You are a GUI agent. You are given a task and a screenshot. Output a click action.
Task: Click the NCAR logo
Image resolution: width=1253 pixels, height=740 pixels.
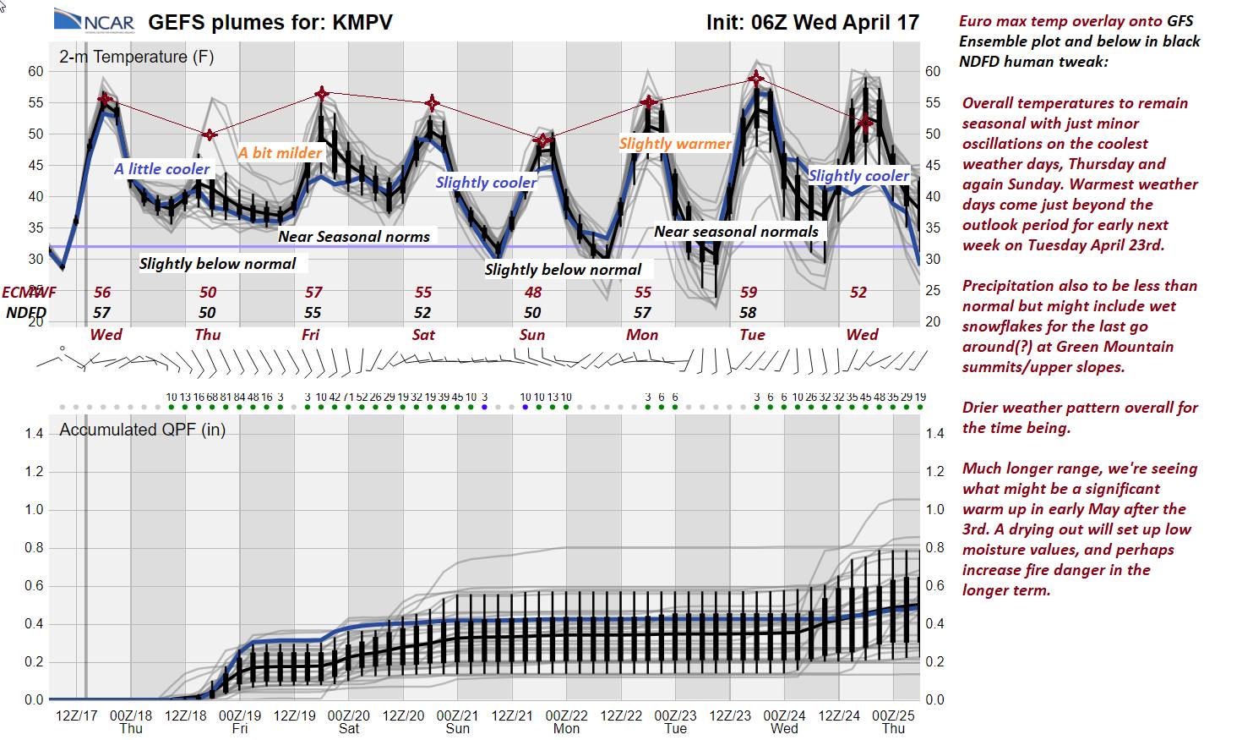pyautogui.click(x=93, y=20)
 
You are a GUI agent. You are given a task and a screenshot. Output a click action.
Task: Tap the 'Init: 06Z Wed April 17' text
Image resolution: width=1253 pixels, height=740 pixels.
pyautogui.click(x=812, y=22)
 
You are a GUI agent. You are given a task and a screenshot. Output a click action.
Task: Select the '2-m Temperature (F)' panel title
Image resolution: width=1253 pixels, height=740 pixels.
pyautogui.click(x=136, y=57)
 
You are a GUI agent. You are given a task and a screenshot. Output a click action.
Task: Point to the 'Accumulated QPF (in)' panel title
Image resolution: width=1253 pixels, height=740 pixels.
pyautogui.click(x=142, y=430)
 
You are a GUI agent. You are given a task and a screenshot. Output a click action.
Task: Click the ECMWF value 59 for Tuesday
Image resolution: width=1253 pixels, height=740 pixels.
pyautogui.click(x=749, y=293)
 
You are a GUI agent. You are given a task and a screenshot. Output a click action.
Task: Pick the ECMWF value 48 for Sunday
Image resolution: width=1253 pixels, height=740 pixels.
pyautogui.click(x=532, y=293)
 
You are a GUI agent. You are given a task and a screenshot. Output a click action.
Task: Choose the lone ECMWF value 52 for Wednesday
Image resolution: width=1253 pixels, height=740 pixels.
pyautogui.click(x=858, y=293)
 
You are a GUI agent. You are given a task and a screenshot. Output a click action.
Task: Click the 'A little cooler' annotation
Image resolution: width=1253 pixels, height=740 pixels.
pyautogui.click(x=162, y=169)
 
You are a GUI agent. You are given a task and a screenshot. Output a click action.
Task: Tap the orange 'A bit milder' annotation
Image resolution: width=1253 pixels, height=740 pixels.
pyautogui.click(x=280, y=153)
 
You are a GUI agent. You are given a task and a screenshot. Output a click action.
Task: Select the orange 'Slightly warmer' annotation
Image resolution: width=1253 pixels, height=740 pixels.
pyautogui.click(x=675, y=144)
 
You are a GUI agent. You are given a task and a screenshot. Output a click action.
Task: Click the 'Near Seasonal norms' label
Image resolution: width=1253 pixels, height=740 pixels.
pyautogui.click(x=354, y=237)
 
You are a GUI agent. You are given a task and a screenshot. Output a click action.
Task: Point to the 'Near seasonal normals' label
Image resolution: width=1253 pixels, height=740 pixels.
pyautogui.click(x=736, y=232)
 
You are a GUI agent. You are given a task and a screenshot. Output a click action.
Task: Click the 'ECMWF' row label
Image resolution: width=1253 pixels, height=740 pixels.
pyautogui.click(x=29, y=293)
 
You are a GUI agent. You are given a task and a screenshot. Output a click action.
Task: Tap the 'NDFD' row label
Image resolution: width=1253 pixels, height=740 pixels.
pyautogui.click(x=26, y=313)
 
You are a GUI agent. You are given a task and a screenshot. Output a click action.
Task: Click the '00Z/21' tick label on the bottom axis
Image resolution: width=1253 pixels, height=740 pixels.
pyautogui.click(x=457, y=715)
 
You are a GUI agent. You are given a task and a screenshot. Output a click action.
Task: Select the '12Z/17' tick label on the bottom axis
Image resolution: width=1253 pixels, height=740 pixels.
pyautogui.click(x=76, y=715)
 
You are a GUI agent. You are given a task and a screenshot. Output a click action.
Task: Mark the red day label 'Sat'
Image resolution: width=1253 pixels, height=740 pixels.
pyautogui.click(x=423, y=335)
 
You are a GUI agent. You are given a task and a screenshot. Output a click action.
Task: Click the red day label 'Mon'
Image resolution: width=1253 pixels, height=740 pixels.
pyautogui.click(x=642, y=335)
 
